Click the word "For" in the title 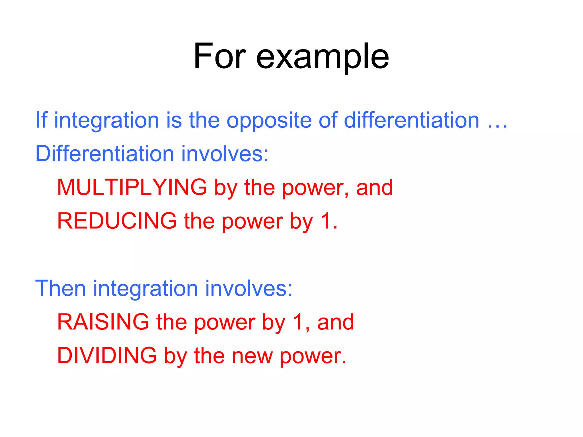(219, 56)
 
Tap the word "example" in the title (322, 57)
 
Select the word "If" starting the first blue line (41, 120)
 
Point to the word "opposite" (269, 121)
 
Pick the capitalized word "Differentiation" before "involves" (104, 154)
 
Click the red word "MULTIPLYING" (132, 187)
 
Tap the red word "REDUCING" (117, 221)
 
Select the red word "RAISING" (103, 322)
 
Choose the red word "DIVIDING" (107, 355)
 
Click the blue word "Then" (60, 288)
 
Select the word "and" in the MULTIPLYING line (374, 187)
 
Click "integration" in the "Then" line (145, 288)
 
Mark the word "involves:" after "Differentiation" (225, 154)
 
